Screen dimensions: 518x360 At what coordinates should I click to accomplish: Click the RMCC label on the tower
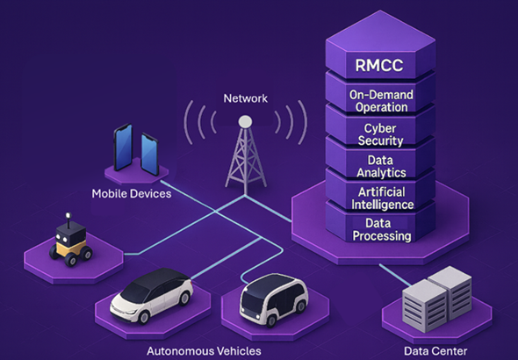[379, 65]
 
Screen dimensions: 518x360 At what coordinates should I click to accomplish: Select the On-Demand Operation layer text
[381, 101]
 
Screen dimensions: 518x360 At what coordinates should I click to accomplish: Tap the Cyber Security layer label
[380, 134]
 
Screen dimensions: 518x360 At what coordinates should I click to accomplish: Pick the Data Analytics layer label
[381, 167]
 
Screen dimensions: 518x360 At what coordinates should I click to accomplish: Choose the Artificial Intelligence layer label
[382, 198]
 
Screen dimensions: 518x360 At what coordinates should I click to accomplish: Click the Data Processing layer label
[382, 229]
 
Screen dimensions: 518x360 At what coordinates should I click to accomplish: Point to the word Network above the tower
[246, 98]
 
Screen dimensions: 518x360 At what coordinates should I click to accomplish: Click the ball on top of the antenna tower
[245, 121]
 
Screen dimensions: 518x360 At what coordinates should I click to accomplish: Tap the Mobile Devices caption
[132, 193]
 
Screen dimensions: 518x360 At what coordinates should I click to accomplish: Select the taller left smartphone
[123, 148]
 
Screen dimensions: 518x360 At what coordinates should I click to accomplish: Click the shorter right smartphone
[149, 155]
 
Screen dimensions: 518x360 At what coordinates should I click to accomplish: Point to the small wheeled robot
[71, 240]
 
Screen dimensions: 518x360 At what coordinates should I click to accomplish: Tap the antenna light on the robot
[68, 216]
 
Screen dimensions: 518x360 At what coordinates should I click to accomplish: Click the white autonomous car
[151, 296]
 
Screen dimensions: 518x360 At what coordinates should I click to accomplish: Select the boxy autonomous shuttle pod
[274, 299]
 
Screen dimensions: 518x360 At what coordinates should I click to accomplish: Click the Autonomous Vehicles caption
[204, 350]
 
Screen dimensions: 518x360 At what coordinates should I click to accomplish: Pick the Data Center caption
[435, 350]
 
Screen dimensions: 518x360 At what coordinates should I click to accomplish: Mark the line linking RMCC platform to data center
[395, 275]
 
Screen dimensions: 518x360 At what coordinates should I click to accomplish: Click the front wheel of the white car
[144, 317]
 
